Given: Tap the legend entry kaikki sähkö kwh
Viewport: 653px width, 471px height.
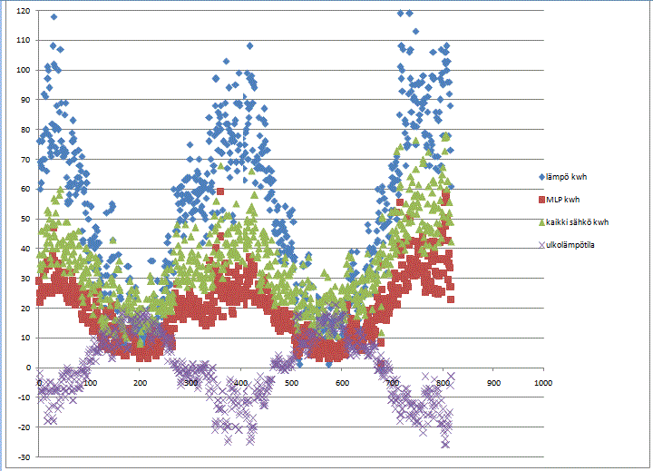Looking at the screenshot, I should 581,221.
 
